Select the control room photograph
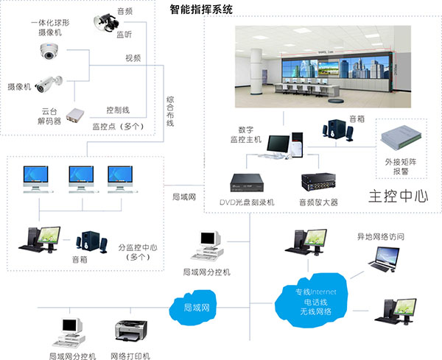[320, 68]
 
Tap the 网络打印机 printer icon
[130, 332]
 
